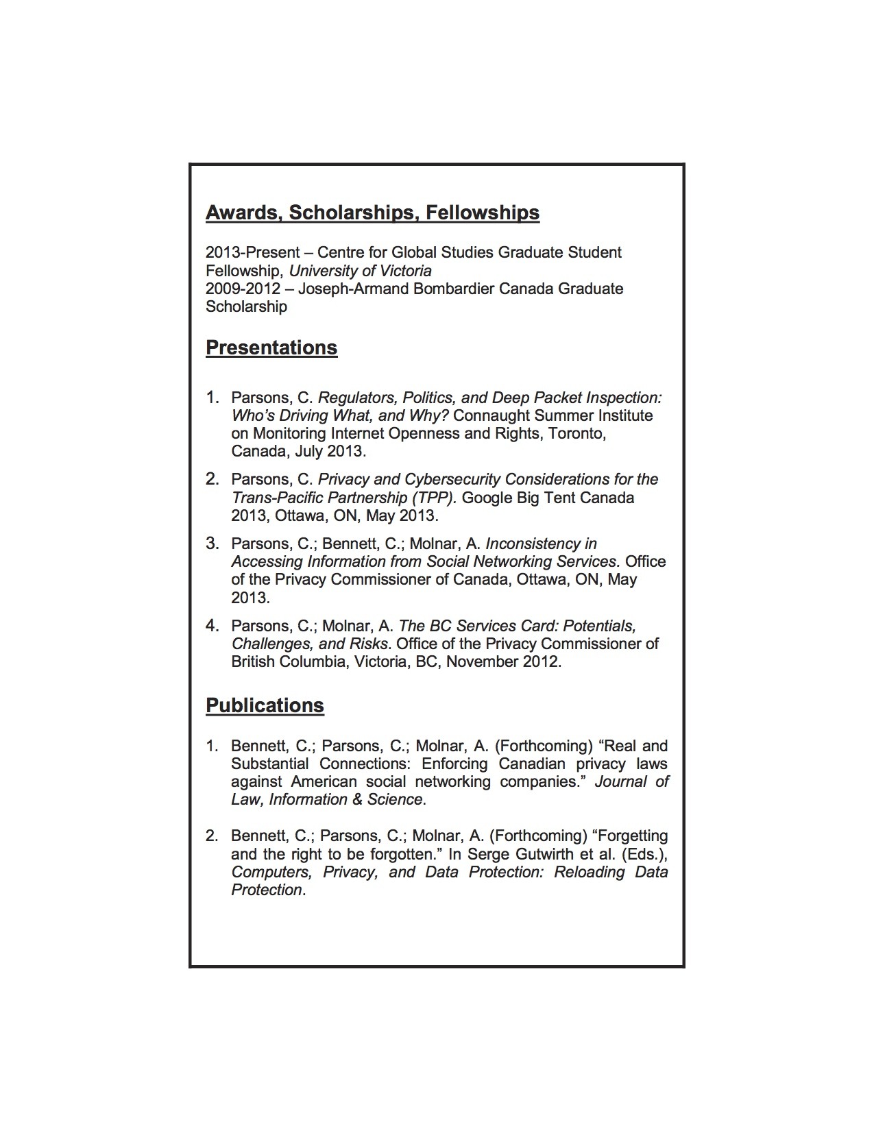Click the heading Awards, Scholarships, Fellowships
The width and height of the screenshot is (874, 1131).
[x=372, y=213]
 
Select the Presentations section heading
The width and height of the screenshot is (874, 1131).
[x=271, y=348]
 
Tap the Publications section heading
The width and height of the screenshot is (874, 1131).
[x=265, y=706]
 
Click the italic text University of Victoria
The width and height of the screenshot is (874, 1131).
[x=360, y=271]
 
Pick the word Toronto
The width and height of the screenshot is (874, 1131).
[x=576, y=433]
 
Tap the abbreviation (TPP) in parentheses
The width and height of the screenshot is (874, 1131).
[x=433, y=498]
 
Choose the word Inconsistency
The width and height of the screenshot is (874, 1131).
[x=542, y=544]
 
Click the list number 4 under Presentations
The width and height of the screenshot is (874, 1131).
[x=213, y=626]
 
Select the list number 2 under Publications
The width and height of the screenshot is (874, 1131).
[x=212, y=836]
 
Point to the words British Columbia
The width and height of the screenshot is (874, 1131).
[x=289, y=661]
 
